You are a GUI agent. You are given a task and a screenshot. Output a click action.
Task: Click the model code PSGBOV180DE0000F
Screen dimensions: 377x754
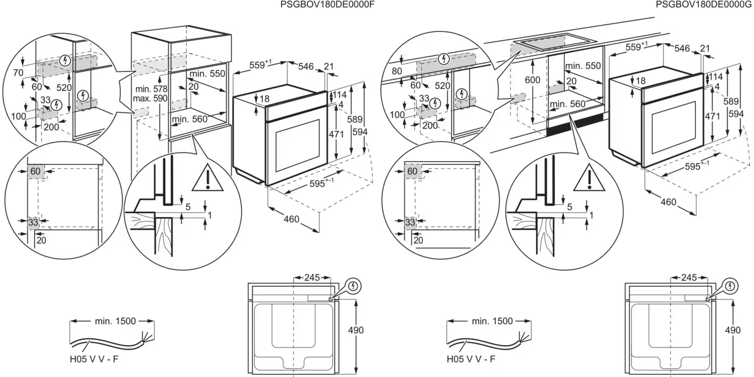(327, 5)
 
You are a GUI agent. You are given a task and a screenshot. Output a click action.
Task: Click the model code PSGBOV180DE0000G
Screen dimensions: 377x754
(704, 5)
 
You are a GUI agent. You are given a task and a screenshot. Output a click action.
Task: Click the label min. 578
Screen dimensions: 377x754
(151, 89)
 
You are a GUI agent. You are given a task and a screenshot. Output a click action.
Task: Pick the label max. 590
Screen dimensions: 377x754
(151, 99)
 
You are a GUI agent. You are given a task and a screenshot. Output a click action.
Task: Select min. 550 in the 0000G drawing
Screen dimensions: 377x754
(583, 66)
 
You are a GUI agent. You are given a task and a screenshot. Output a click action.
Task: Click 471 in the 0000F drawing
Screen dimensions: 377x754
(337, 135)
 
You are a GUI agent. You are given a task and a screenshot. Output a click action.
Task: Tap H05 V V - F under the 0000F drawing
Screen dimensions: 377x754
(93, 358)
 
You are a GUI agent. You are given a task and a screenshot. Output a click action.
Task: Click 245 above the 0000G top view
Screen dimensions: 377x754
(689, 278)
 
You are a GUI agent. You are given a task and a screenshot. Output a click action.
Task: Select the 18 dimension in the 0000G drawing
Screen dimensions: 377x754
(640, 81)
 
